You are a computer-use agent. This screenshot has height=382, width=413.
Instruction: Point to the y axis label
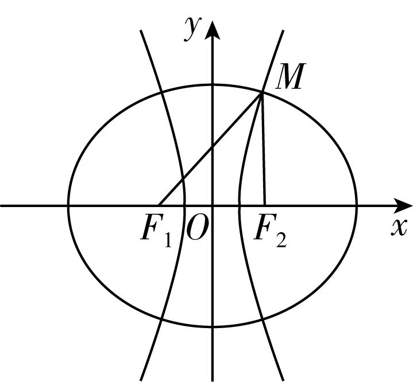coord(193,29)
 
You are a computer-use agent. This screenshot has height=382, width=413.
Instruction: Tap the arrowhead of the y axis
coord(213,30)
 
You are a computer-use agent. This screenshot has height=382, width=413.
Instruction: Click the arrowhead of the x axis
coord(403,206)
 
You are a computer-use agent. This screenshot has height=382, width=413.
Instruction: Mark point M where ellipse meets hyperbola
coord(262,92)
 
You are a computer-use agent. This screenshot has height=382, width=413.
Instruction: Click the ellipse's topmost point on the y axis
coord(213,85)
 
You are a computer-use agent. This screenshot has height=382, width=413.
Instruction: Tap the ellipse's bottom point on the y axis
coord(213,327)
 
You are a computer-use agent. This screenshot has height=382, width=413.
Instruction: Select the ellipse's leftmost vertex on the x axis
coord(68,206)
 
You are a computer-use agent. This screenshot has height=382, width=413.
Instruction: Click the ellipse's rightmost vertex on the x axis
coord(357,206)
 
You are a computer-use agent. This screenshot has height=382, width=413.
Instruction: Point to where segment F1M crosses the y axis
coord(213,147)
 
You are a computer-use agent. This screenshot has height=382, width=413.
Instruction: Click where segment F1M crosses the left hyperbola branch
coord(183,180)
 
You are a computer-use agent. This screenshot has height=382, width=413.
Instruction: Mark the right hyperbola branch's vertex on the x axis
coord(240,206)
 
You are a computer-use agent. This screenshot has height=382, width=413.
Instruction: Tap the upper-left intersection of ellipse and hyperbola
coord(161,92)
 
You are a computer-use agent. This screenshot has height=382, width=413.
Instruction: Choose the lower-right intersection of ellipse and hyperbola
coord(263,319)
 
